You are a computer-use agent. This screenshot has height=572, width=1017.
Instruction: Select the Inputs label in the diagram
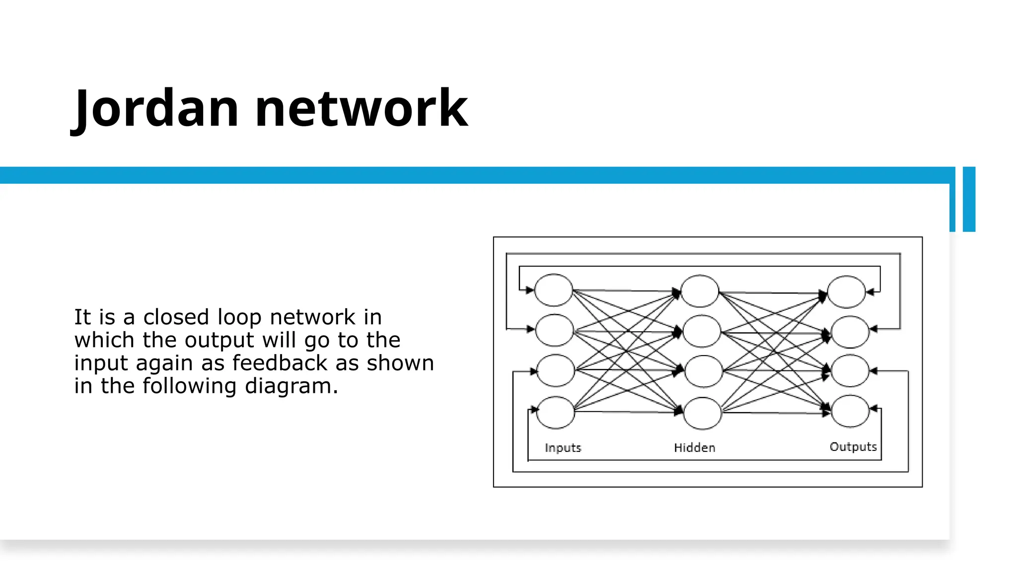click(563, 448)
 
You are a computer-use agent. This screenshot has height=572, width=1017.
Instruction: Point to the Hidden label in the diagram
click(694, 448)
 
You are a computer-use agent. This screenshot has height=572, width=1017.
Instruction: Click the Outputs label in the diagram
click(853, 447)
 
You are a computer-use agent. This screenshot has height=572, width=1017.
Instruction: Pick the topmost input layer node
click(553, 290)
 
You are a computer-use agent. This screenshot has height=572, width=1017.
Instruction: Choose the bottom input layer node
click(556, 412)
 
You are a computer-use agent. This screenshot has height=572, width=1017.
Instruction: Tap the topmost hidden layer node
click(700, 291)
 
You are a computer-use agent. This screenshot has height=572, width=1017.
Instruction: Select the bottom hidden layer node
click(702, 413)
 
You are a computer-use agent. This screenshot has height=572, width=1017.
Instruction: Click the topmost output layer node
click(846, 292)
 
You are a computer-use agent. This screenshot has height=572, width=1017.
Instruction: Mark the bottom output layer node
click(850, 411)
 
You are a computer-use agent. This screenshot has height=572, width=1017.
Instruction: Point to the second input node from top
click(554, 330)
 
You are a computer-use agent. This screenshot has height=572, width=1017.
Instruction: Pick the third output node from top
click(850, 370)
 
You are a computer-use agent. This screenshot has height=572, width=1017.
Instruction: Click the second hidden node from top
click(702, 331)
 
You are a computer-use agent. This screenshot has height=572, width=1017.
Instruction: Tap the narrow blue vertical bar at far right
click(969, 199)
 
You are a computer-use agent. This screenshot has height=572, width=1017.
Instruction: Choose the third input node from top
click(555, 370)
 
